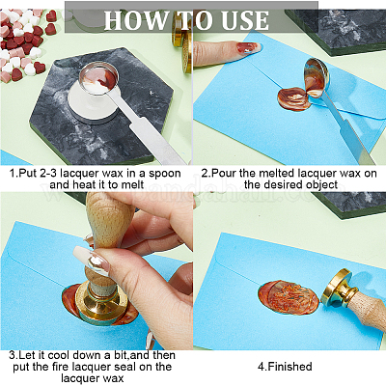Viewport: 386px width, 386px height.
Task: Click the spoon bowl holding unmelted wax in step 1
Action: coord(99,78)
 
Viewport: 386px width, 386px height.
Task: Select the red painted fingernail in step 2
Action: coord(249,47)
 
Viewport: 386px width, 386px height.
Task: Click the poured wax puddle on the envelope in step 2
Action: coord(293,99)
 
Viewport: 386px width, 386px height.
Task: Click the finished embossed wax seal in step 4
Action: coord(289,297)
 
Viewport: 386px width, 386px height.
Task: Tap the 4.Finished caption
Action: coord(285,367)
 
